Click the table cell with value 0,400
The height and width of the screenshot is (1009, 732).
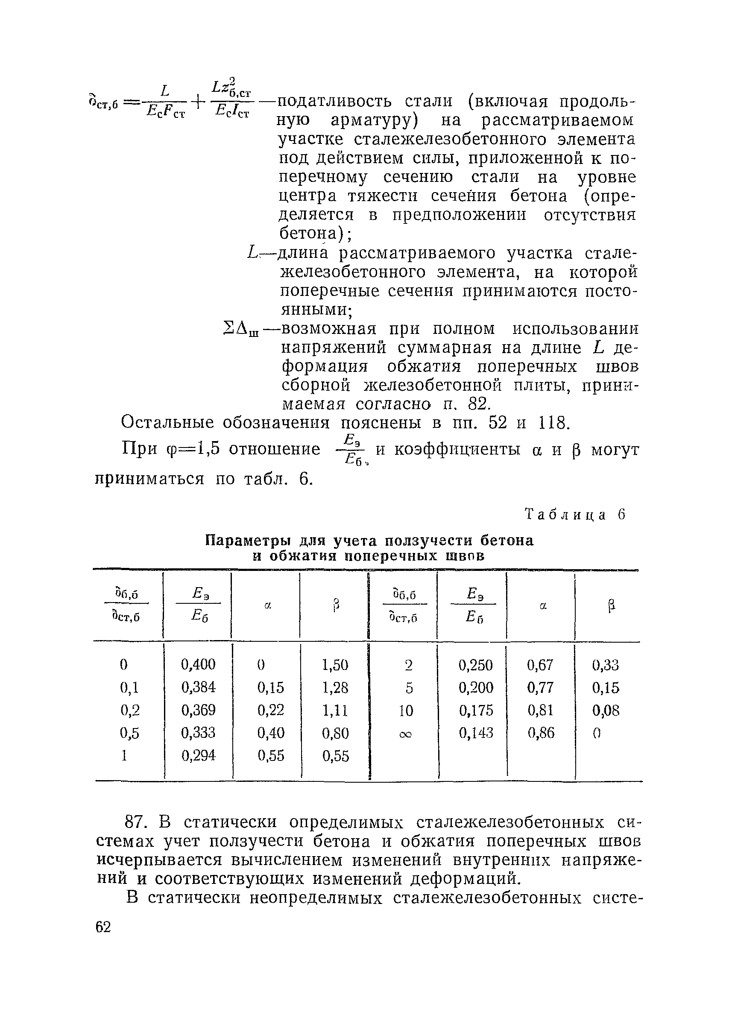[198, 664]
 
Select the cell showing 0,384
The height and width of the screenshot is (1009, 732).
[198, 687]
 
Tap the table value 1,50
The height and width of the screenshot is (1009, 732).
[335, 665]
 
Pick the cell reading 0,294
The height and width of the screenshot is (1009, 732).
[198, 755]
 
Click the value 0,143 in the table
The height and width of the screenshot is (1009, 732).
[476, 733]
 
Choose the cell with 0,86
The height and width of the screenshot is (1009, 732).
[541, 733]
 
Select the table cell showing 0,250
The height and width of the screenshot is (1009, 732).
[476, 665]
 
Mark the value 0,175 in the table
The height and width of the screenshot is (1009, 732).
[476, 711]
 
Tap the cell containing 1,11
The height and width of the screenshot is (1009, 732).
[335, 711]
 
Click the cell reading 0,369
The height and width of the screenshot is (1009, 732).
[198, 710]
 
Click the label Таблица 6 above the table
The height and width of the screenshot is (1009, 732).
[575, 515]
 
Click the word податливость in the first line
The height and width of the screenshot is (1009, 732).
[335, 102]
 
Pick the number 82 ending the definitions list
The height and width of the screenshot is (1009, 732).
[478, 404]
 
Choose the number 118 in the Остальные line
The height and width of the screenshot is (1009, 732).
[553, 422]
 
